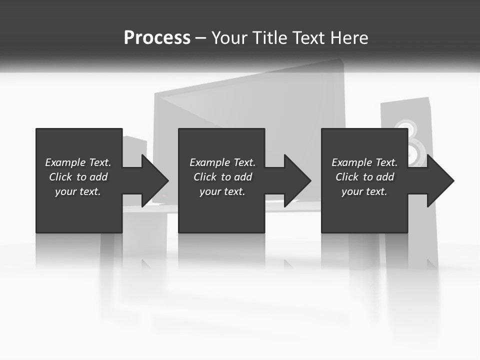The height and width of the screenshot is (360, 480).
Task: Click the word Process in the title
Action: [157, 38]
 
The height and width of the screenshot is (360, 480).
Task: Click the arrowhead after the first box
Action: [152, 180]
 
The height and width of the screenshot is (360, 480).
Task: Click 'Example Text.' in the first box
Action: [78, 162]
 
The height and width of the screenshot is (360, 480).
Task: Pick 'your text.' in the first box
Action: [78, 191]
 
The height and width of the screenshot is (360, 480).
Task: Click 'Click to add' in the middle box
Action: [222, 177]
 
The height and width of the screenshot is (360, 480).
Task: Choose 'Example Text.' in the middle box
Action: [222, 162]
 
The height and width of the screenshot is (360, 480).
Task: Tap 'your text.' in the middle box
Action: [222, 191]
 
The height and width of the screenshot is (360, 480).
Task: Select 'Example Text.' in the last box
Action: [364, 162]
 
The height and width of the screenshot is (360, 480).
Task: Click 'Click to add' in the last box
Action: [364, 177]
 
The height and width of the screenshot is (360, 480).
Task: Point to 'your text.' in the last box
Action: [364, 191]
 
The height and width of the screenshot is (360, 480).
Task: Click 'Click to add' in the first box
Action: [78, 177]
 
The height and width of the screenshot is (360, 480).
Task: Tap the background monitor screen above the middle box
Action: [250, 100]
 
